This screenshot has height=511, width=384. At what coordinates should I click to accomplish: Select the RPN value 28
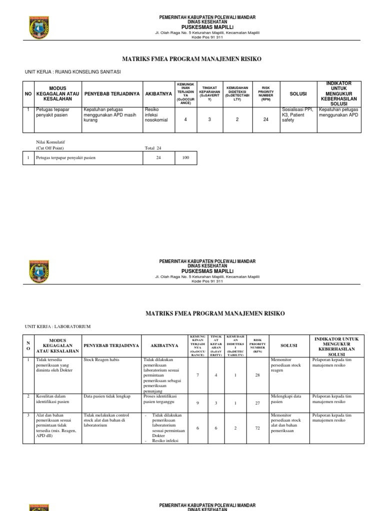tap(257, 375)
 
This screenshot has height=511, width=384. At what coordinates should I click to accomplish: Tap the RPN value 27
tap(257, 402)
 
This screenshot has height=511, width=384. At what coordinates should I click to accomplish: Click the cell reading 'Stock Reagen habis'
tap(100, 359)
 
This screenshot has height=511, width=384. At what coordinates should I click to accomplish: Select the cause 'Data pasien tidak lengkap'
tap(106, 396)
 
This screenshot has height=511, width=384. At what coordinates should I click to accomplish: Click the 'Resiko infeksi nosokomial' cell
tap(156, 114)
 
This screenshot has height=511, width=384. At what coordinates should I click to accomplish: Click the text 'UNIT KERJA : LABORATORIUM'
tap(57, 326)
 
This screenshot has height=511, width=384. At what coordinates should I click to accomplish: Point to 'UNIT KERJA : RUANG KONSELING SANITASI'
tap(72, 72)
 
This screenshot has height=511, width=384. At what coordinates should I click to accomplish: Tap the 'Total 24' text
tap(153, 148)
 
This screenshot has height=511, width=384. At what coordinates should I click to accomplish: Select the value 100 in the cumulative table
tap(185, 158)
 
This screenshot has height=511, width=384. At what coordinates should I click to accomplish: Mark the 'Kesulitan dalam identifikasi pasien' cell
tap(52, 399)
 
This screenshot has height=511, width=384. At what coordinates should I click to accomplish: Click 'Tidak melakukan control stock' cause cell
tap(106, 421)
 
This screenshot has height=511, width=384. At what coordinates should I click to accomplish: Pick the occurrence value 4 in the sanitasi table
tap(185, 119)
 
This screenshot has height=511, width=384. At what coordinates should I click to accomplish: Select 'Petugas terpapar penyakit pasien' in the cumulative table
tap(65, 158)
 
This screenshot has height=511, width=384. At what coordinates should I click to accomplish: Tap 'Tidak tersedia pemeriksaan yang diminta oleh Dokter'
tap(56, 365)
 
